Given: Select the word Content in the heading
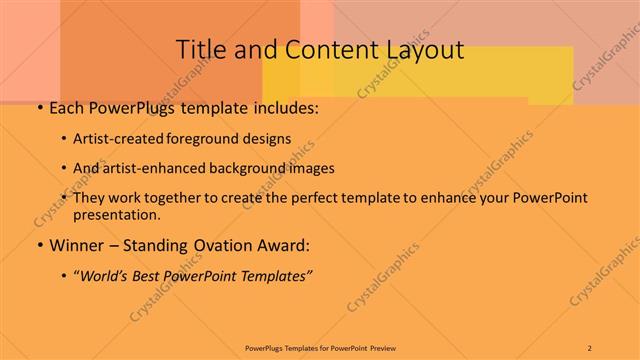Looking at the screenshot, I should coord(323,49).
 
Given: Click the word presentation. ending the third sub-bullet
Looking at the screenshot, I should coord(116,214).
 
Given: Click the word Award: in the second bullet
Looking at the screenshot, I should coord(284,245).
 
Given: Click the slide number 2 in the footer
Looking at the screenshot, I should coord(589,348).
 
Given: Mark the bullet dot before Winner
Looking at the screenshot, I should coord(39,245).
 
